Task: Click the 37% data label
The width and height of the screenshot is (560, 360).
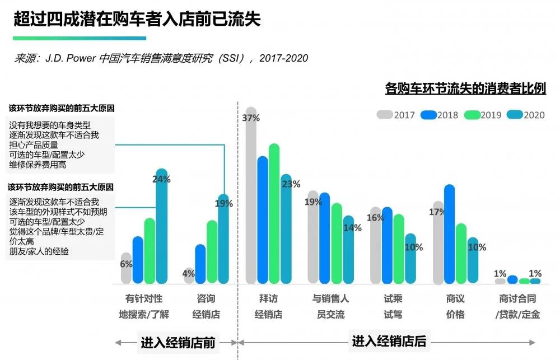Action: tap(251, 118)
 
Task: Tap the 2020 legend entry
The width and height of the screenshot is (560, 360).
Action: tap(526, 115)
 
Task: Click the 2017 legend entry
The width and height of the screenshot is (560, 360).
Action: tap(396, 115)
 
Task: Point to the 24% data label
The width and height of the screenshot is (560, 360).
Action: tap(162, 179)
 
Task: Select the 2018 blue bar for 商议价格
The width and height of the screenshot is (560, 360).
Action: tap(449, 235)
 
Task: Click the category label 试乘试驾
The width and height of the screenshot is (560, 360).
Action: tap(393, 306)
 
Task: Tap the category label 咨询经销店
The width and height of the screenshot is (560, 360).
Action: tap(206, 306)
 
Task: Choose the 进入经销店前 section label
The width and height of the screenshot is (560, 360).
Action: tap(178, 342)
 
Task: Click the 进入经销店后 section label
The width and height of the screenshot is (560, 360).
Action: tap(389, 341)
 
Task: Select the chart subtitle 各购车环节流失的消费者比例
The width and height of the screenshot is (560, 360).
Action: tap(465, 88)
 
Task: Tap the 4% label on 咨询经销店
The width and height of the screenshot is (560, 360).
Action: tap(189, 274)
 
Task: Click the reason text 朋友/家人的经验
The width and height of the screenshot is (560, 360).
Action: tap(39, 251)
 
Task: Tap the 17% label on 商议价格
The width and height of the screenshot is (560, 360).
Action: tap(437, 212)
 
